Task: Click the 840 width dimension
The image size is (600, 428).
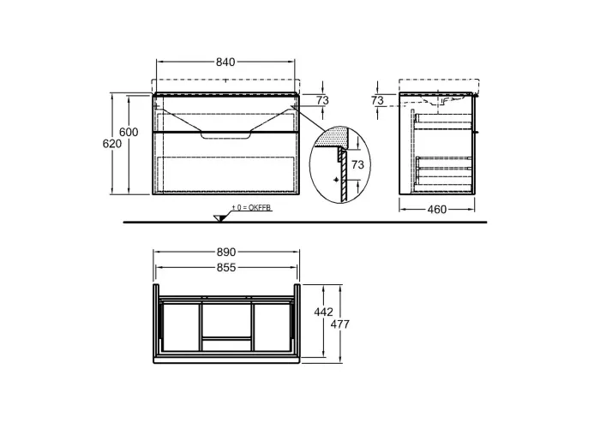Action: pyautogui.click(x=225, y=62)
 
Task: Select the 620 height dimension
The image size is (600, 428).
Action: pyautogui.click(x=112, y=144)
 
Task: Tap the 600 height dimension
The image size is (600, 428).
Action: pyautogui.click(x=129, y=132)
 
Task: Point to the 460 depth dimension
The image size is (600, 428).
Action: pyautogui.click(x=437, y=210)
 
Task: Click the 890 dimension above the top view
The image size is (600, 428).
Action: pyautogui.click(x=226, y=253)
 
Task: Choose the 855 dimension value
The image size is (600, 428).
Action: pyautogui.click(x=226, y=267)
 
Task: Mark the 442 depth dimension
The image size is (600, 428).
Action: pyautogui.click(x=324, y=312)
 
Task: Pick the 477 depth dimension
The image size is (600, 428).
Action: pyautogui.click(x=339, y=324)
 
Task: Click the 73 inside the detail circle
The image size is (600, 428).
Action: pyautogui.click(x=357, y=164)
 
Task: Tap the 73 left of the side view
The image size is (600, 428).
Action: pyautogui.click(x=377, y=100)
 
